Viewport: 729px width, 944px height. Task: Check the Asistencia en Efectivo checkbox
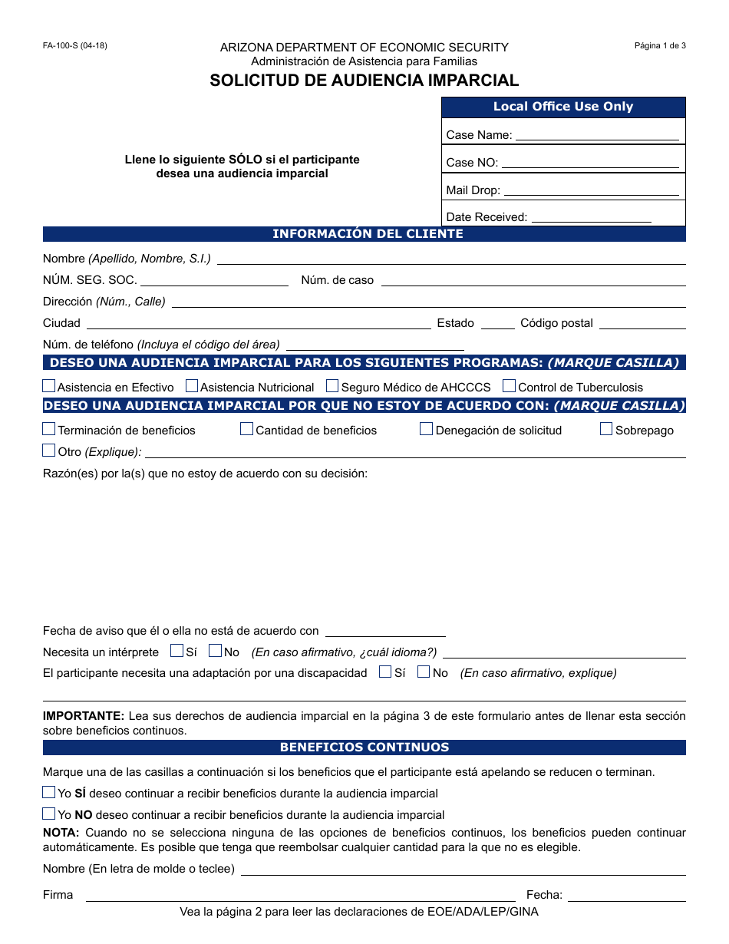49,386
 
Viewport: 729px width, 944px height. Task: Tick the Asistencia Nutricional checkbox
192,386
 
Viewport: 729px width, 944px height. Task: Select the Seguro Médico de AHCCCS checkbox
332,386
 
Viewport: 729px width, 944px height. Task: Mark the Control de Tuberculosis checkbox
509,386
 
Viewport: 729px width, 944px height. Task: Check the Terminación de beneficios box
49,429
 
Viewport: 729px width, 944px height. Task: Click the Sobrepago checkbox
606,429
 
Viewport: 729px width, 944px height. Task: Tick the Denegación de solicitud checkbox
426,429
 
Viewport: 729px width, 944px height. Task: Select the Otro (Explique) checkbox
49,451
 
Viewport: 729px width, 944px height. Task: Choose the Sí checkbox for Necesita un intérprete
176,651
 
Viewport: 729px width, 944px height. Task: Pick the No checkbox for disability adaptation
424,672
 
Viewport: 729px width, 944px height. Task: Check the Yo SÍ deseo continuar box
49,792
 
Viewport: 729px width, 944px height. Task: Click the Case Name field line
596,135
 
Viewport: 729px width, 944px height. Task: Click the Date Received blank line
591,216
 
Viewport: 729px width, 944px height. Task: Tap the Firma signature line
300,895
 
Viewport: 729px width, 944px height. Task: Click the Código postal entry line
642,323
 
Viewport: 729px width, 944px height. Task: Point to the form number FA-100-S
75,45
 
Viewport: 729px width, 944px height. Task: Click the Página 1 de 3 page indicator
660,45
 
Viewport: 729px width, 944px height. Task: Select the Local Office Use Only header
563,107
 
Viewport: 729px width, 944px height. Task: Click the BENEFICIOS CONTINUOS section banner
364,747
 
